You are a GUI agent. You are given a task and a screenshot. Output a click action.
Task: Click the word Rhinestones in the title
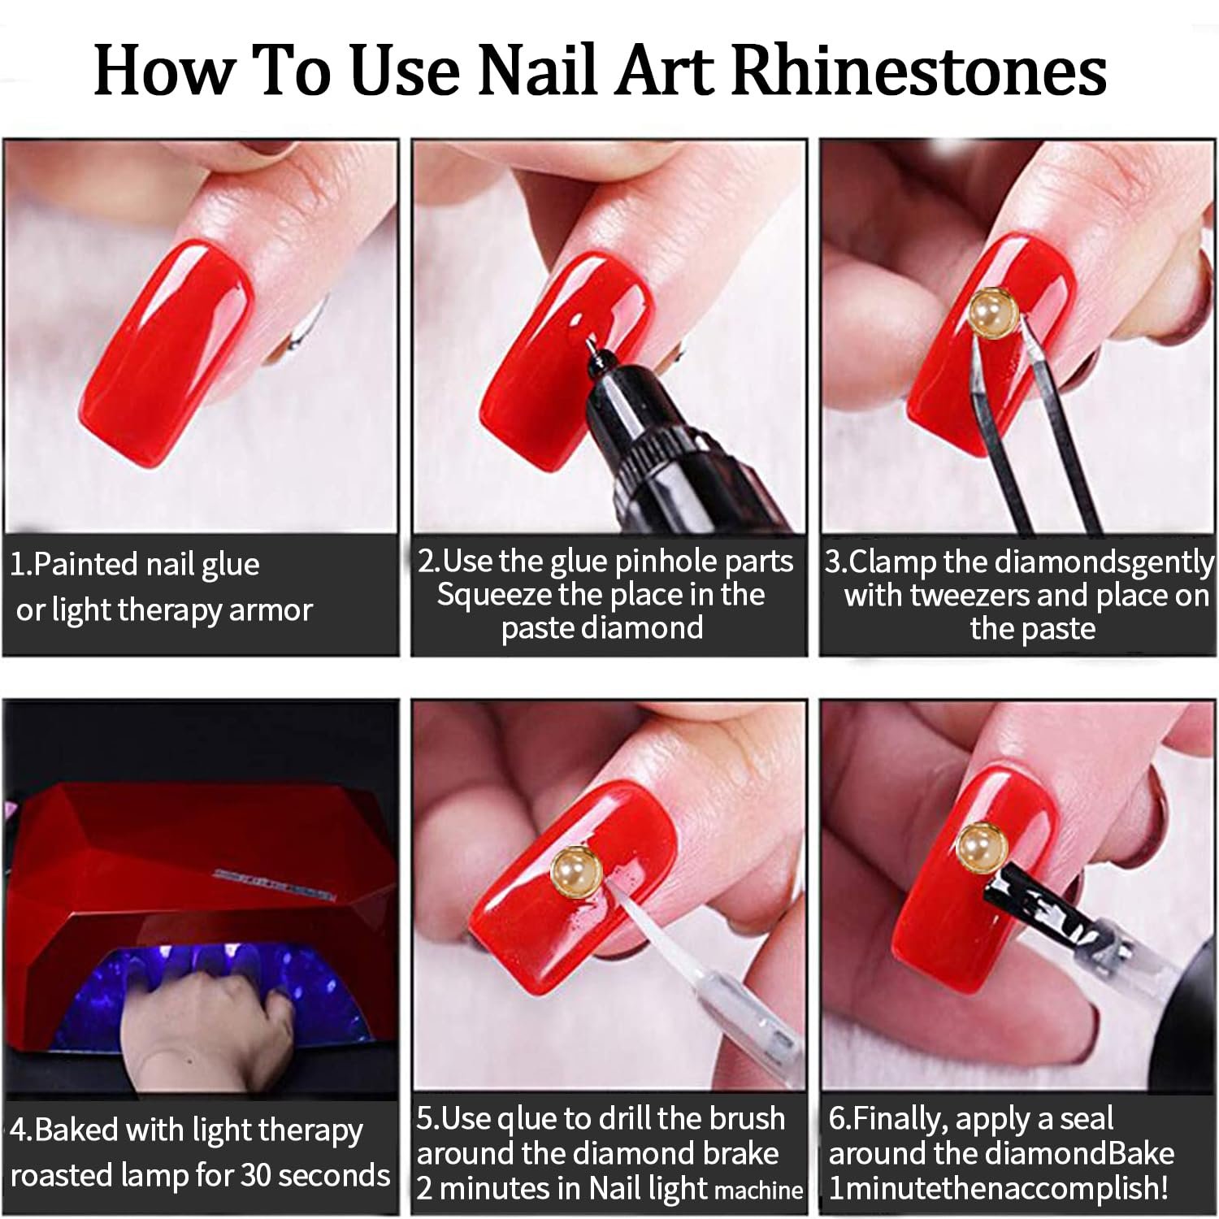(x=920, y=70)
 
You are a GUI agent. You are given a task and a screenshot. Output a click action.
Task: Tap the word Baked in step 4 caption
(x=76, y=1130)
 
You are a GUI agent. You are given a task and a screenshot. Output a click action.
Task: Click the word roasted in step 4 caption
(x=60, y=1175)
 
